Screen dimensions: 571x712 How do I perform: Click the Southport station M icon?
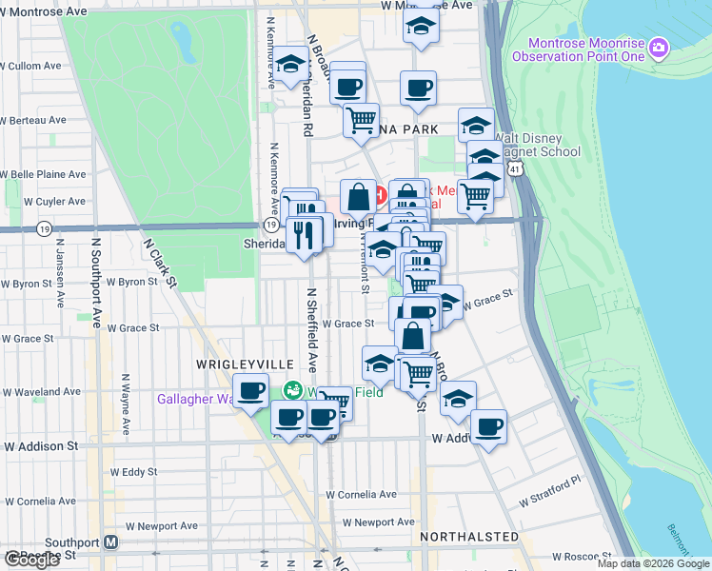(111, 542)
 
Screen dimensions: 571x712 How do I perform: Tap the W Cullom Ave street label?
(30, 67)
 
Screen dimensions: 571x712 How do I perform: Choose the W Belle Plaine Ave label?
(43, 175)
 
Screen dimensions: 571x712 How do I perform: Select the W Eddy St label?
(133, 471)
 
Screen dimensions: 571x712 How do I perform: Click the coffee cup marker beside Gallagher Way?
(252, 391)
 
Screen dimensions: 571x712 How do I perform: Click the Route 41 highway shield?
(514, 168)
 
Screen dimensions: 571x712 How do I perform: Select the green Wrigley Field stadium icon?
(294, 390)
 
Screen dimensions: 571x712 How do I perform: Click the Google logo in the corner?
(31, 560)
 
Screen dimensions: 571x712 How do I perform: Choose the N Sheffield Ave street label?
(311, 330)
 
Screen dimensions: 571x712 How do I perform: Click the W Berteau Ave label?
(33, 121)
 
